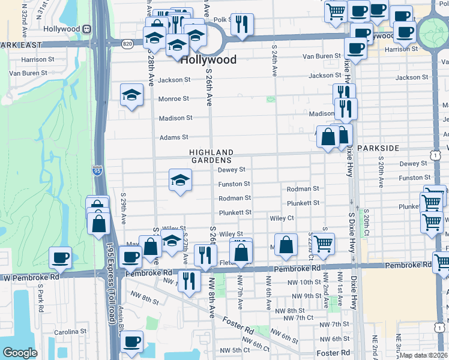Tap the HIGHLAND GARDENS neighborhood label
[211, 156]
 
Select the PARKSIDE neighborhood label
[378, 148]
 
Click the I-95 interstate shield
[97, 171]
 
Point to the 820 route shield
[127, 44]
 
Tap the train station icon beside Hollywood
[87, 29]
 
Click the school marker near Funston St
[180, 180]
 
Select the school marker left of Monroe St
[131, 95]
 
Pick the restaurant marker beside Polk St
[242, 24]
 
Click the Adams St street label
[173, 137]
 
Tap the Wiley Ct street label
[282, 218]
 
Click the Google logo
[20, 353]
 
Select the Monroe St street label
[173, 99]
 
